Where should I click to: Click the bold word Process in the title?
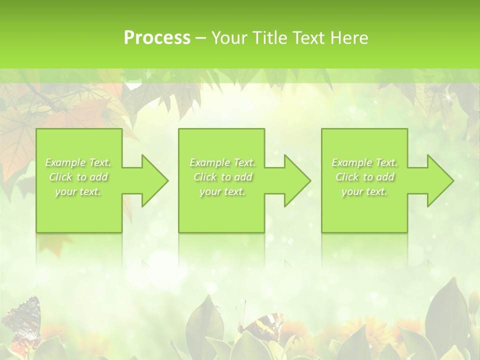[157, 38]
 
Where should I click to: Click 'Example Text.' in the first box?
[78, 162]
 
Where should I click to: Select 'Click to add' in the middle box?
[222, 177]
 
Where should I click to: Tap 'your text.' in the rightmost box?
[364, 191]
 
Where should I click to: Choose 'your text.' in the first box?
[78, 191]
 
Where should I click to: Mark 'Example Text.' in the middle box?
[222, 162]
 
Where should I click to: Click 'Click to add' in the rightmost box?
[364, 177]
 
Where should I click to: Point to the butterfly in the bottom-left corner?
[22, 320]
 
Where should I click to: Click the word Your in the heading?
[229, 38]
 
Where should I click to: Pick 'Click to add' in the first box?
[78, 177]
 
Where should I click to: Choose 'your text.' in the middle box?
[222, 191]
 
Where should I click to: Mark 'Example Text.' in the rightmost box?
[364, 162]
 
